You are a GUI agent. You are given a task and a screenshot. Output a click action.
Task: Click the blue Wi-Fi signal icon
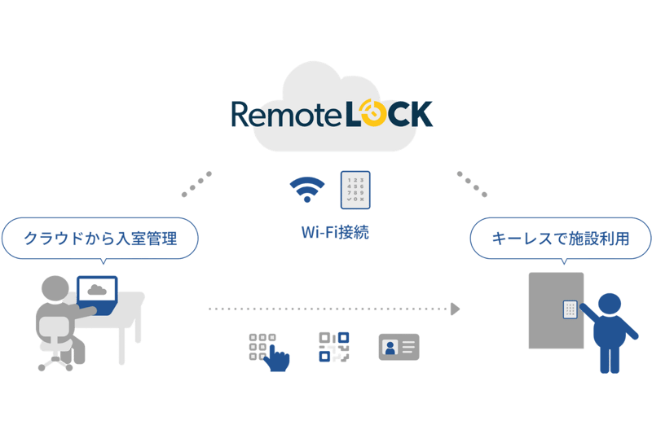click(306, 189)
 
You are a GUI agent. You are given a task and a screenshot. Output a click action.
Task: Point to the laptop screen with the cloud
click(97, 291)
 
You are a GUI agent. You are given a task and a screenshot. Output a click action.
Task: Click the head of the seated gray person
click(55, 289)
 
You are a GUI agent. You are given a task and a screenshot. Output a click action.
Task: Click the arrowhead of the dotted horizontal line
click(455, 309)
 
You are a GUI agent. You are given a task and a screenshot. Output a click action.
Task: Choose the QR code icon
click(333, 346)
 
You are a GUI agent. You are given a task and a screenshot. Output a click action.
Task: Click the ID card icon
click(398, 347)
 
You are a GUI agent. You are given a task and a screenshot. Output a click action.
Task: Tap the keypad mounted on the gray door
click(570, 309)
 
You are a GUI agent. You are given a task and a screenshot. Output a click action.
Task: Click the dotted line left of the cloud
click(196, 184)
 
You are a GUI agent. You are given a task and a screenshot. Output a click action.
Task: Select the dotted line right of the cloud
click(473, 184)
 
